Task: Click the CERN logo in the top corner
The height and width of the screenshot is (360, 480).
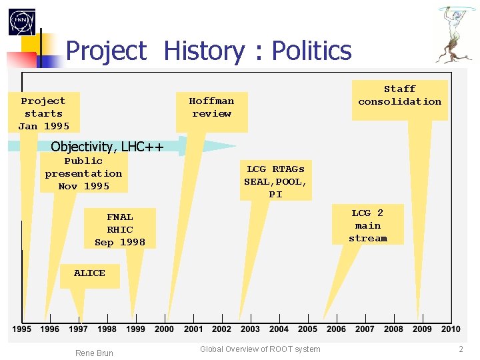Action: [22, 22]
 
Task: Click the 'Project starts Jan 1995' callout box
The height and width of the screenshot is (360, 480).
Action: [44, 113]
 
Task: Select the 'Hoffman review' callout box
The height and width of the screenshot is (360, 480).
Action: [211, 108]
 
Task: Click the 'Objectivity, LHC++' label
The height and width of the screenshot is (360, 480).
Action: [107, 147]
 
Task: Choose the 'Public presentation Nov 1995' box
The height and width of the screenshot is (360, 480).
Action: [83, 173]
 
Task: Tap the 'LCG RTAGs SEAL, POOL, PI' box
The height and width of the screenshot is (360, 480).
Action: [275, 181]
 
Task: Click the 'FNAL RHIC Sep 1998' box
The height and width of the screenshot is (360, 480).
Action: [120, 229]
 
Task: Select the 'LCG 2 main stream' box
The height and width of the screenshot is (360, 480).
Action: [367, 225]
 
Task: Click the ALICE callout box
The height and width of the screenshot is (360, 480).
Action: [89, 274]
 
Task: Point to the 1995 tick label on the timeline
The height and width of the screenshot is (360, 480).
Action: [21, 329]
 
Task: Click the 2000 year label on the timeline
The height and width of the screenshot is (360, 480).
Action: [164, 329]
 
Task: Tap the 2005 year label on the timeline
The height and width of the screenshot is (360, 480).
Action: [307, 329]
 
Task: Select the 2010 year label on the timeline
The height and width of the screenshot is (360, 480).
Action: [451, 329]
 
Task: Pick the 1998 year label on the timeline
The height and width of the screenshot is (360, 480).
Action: [107, 329]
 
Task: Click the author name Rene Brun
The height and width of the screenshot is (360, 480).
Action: [94, 353]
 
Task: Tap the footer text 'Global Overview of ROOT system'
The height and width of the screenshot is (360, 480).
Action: [260, 349]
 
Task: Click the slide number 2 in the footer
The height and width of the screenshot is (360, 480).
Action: [461, 349]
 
